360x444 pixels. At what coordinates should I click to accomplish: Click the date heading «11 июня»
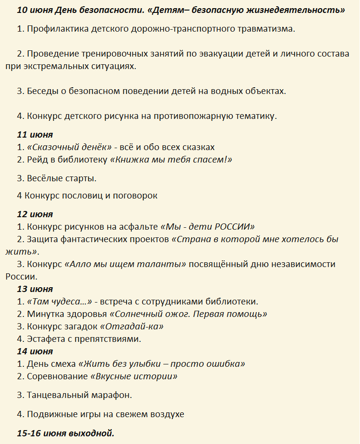(35, 134)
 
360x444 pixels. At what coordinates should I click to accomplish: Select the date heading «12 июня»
(35, 214)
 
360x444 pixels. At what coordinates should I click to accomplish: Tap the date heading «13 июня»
(35, 289)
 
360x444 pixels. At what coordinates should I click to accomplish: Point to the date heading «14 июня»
(35, 351)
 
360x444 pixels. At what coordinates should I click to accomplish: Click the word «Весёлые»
(47, 178)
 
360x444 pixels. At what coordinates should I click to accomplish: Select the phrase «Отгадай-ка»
(132, 327)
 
